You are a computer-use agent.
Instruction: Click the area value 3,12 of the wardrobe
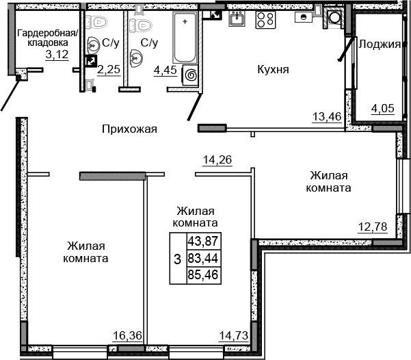coord(57,55)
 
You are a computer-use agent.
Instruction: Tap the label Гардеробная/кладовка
coord(48,38)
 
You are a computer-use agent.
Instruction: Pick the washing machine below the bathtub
coord(190,75)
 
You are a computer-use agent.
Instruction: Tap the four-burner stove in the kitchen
coord(265,20)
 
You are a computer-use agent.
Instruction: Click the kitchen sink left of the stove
coord(237,19)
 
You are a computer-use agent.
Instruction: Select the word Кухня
coord(273,69)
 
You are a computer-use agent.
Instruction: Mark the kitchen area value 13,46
coord(326,116)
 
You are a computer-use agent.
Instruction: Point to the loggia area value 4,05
coord(382,107)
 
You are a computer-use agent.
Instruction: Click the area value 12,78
coord(373,227)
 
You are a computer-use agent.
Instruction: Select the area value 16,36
coord(127,335)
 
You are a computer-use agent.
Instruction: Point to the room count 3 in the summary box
coord(177,259)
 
